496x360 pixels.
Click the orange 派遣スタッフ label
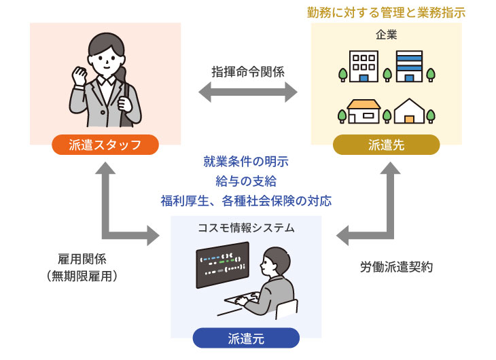105,145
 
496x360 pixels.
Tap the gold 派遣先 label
386,145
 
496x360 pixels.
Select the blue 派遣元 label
246,338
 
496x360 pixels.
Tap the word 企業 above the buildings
386,34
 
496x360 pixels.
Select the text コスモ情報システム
246,228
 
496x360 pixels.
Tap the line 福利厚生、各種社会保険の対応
246,200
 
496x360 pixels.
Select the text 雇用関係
82,259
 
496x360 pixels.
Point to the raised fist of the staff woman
80,72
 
